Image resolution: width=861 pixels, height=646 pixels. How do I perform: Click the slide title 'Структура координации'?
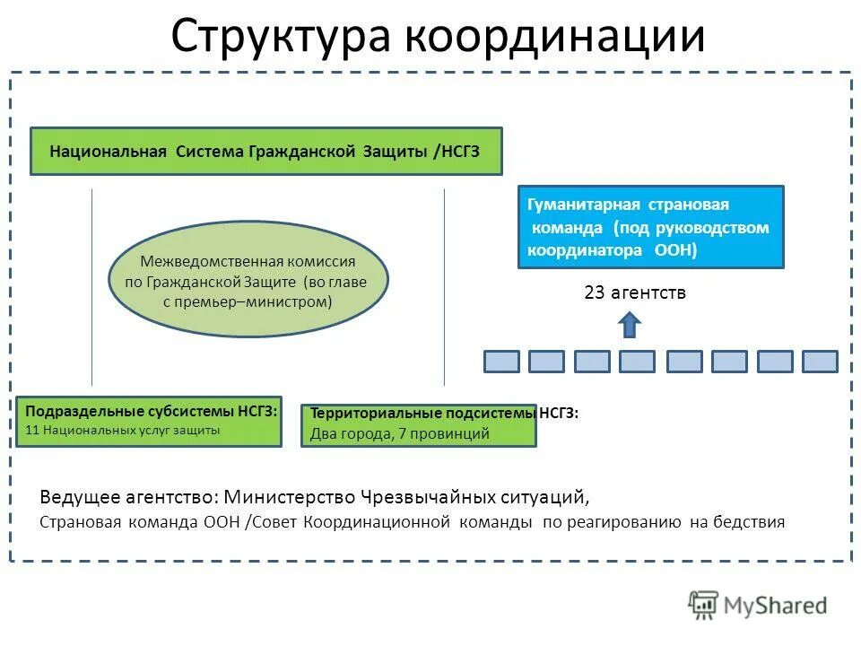(x=438, y=36)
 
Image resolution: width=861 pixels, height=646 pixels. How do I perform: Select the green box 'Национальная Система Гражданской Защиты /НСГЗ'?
(x=265, y=151)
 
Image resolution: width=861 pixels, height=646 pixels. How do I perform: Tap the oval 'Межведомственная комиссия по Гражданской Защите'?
(x=248, y=279)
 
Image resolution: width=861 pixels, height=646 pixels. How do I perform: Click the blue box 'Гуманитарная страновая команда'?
(x=650, y=227)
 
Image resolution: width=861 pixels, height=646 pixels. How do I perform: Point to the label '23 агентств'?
(x=634, y=292)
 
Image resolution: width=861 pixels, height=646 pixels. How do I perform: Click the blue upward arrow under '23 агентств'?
(x=631, y=324)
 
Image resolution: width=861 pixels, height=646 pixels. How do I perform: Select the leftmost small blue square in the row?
(x=501, y=362)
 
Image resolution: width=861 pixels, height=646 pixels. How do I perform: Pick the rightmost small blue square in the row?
(x=820, y=362)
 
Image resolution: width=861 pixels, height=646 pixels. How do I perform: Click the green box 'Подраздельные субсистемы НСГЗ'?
(x=149, y=421)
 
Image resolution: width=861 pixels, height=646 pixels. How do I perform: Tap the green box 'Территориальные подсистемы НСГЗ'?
(x=418, y=424)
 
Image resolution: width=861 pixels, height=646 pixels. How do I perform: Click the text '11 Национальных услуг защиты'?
(x=122, y=430)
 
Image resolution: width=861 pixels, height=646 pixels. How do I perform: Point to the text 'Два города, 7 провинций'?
(x=399, y=434)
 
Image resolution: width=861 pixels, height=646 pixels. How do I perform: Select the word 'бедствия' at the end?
(x=753, y=521)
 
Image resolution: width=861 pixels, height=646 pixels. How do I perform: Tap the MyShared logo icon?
(x=704, y=606)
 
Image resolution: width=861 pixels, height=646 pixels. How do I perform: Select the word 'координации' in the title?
(x=554, y=36)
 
